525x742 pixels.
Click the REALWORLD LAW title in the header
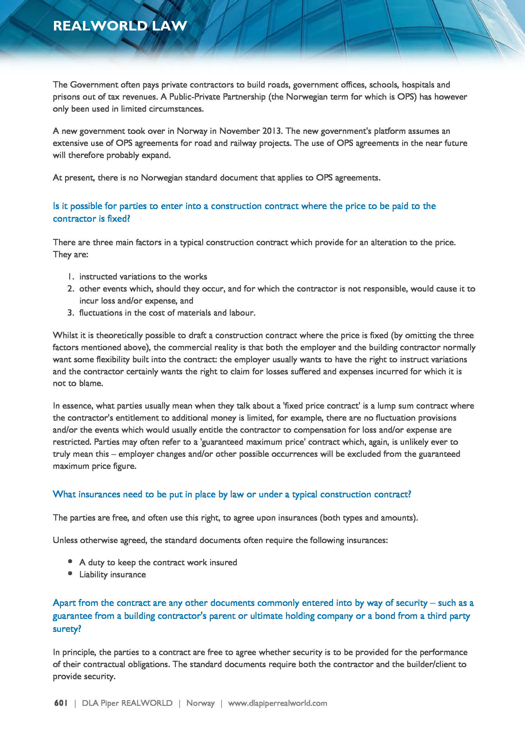120,26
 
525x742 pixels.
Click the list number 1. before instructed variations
71,277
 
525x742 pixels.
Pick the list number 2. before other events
71,289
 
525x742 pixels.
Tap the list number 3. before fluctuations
71,313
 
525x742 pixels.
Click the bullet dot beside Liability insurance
70,574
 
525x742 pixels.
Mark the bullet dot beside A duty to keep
70,562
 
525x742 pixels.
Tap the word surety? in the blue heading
67,629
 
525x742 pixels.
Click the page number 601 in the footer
61,703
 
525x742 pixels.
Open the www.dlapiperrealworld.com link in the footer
277,703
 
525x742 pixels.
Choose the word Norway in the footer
200,703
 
